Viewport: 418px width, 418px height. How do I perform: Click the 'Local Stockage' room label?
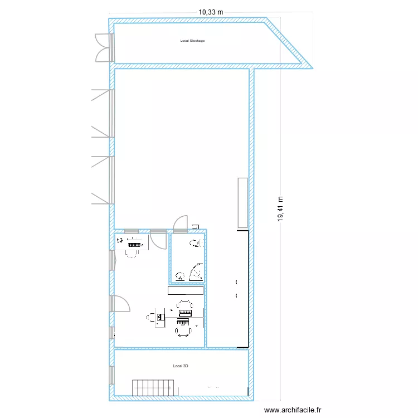[x=192, y=41]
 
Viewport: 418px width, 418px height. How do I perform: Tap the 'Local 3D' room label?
[x=181, y=366]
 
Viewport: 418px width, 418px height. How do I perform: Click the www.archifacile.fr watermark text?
[x=293, y=410]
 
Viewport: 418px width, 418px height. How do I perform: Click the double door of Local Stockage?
[x=104, y=47]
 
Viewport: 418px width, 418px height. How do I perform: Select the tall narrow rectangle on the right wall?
[x=242, y=203]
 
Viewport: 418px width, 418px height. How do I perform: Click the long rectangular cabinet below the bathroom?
[x=186, y=290]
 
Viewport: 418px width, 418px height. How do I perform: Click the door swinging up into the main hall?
[x=181, y=223]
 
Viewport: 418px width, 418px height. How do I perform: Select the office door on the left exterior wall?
[x=120, y=303]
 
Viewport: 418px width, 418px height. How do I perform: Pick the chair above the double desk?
[x=184, y=305]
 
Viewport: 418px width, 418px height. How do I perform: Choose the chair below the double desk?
[x=183, y=331]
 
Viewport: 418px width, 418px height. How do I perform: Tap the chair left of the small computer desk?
[x=151, y=318]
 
